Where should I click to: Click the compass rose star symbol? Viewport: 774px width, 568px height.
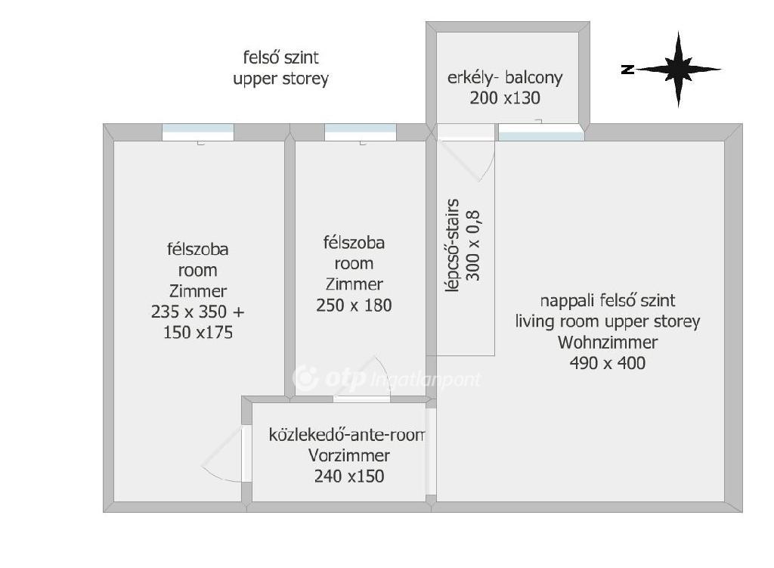click(678, 70)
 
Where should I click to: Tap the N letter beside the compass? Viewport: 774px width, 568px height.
click(627, 70)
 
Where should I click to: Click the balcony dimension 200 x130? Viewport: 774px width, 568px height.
click(504, 98)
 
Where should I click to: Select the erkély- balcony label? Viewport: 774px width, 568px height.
click(504, 78)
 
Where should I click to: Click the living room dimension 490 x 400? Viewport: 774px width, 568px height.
click(607, 363)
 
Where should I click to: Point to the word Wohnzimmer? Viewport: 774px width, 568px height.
click(608, 343)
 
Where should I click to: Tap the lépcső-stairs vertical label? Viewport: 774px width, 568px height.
click(452, 246)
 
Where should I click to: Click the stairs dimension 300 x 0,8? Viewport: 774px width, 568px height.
click(473, 246)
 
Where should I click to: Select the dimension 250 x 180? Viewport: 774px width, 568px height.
click(354, 306)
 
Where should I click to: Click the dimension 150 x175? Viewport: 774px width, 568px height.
click(198, 332)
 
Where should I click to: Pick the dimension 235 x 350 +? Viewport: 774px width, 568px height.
click(197, 312)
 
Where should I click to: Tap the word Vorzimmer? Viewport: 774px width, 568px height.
click(349, 455)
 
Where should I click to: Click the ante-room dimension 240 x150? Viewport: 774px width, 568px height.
click(349, 476)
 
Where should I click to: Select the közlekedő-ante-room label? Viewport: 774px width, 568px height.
click(346, 435)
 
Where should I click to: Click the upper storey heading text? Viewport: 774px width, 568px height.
click(281, 79)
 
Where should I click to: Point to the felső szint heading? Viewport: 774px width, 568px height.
click(281, 57)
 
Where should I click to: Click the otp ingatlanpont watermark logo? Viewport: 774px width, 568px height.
click(386, 378)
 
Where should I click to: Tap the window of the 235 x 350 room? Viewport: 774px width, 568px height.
click(198, 132)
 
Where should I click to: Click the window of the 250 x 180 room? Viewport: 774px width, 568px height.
click(361, 132)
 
